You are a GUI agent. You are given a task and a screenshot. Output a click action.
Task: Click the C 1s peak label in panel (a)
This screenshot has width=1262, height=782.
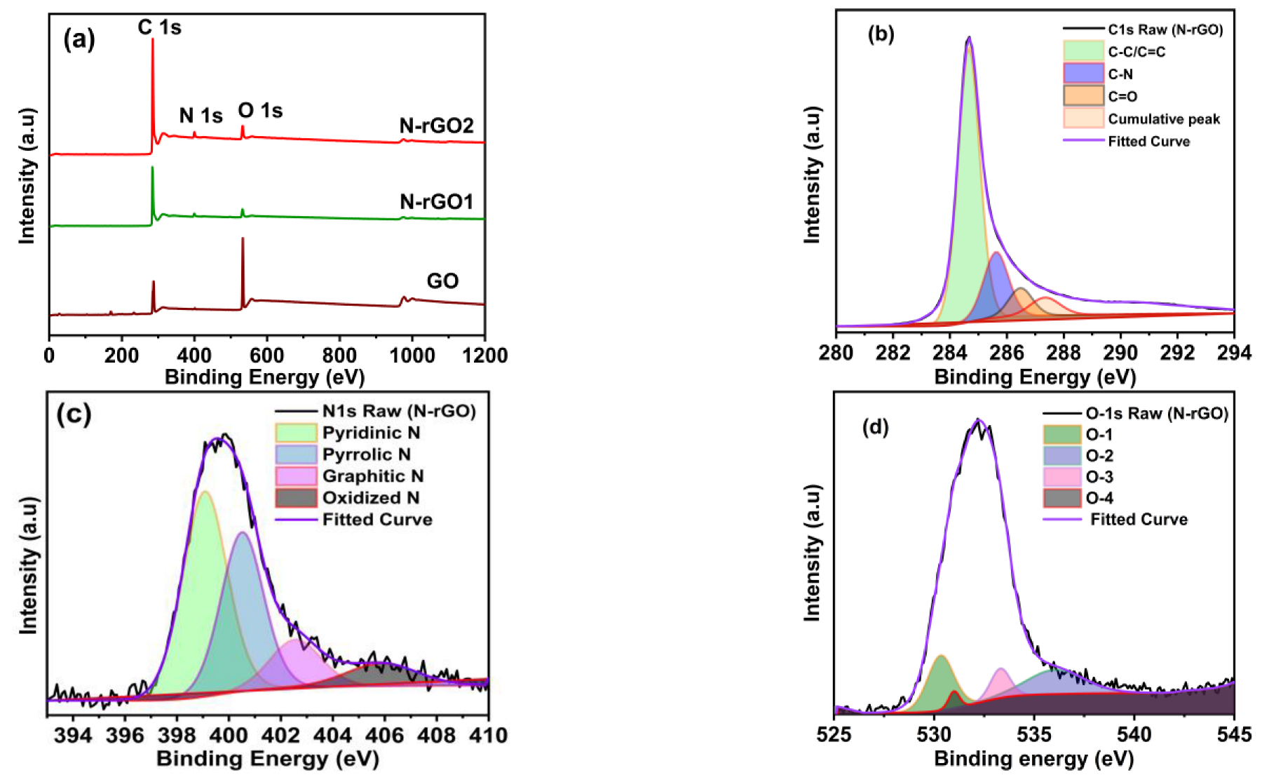(159, 27)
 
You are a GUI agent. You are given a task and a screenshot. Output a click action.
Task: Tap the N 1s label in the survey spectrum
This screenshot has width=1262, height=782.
(201, 116)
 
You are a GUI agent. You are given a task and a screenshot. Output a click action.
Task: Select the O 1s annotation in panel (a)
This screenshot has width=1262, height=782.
(260, 111)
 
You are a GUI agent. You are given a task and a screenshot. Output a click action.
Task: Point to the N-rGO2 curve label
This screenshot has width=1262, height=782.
(436, 126)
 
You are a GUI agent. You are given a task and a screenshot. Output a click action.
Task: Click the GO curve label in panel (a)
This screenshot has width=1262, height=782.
(442, 281)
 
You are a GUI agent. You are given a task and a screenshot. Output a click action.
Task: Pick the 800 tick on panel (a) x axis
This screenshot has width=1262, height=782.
(339, 356)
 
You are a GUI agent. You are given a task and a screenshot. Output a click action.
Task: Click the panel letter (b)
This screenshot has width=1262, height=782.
(881, 34)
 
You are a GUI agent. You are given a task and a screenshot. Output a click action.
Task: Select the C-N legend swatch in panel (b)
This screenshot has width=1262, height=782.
(1083, 74)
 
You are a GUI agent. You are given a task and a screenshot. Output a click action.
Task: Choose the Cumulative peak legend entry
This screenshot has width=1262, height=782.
(1163, 119)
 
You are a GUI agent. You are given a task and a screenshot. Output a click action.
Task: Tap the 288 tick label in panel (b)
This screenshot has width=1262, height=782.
(1063, 353)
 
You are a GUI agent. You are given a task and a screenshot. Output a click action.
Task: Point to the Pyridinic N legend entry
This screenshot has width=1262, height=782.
(371, 433)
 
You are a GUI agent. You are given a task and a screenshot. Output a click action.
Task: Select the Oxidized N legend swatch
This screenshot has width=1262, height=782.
(296, 498)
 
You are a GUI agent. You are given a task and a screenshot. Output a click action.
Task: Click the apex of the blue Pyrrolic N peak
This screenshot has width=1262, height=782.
(242, 533)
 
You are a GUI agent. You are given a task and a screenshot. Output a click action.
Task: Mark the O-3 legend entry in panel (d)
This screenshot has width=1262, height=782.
(1099, 477)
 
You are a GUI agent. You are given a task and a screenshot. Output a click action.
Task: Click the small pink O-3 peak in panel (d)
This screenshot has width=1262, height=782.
(1001, 670)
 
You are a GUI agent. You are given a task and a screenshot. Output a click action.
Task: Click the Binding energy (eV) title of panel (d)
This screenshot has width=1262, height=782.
(1033, 759)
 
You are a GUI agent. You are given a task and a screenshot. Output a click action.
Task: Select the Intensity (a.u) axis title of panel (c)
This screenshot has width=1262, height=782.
(29, 565)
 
